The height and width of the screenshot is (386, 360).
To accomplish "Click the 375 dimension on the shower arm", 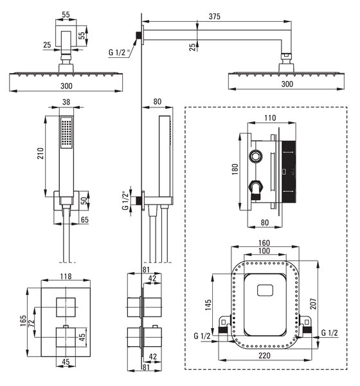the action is (214, 17).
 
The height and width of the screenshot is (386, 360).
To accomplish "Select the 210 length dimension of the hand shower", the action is (40, 153).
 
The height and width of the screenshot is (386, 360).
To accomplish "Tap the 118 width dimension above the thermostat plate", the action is (66, 276).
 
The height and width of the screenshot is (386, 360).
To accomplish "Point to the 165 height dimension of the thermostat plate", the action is (23, 321).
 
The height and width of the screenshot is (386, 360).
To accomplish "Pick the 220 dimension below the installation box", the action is (264, 356).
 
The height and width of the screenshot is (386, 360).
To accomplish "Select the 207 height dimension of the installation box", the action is (313, 304).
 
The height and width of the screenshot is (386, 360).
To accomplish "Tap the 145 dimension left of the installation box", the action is (208, 304).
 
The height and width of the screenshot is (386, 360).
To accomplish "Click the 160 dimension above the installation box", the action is (264, 243).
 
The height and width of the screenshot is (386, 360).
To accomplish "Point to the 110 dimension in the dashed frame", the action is (270, 118).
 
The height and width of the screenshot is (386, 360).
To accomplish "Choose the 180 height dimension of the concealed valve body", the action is (235, 169).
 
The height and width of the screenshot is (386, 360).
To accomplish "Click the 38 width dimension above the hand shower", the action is (66, 102).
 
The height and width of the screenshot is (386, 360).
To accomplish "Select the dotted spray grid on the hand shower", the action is (66, 133).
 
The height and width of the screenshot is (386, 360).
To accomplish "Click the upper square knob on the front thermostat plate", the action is (66, 308).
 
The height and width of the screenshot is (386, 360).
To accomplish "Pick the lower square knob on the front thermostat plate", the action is (66, 337).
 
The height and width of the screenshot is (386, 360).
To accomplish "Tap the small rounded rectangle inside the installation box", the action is (265, 290).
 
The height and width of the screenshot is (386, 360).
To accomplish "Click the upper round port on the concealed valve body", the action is (255, 156).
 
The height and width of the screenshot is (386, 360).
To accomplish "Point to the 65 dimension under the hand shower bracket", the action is (84, 220).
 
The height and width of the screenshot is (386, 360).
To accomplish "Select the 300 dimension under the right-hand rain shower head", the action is (287, 84).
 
